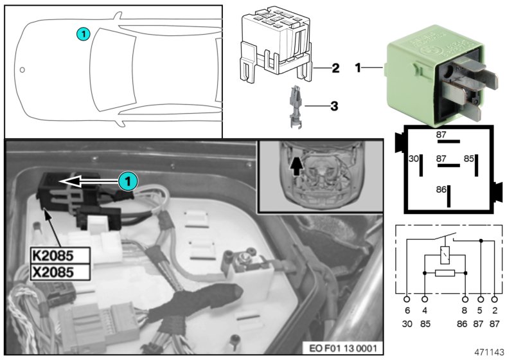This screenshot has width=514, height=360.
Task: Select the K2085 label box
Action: coord(58,254)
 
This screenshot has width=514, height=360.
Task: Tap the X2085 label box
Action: coord(58,271)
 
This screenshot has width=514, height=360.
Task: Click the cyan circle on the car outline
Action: coord(84,33)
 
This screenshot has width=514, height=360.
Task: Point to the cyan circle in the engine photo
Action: coord(128,181)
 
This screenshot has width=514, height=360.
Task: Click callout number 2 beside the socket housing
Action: coord(335,67)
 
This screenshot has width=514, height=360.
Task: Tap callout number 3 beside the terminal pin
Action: coord(333,104)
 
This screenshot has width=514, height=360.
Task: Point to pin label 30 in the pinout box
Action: coord(414,158)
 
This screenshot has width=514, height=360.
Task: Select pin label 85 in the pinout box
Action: coord(469,158)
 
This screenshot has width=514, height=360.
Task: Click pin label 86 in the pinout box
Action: coord(441,190)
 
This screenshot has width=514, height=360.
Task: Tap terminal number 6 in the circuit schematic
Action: coord(407,311)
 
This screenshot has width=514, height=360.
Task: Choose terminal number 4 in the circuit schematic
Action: coord(424,311)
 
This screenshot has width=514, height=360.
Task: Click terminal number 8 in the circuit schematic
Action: coord(465,311)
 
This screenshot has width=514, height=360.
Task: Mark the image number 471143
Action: coord(490,351)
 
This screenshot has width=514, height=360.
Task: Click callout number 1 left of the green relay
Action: coord(359,67)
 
